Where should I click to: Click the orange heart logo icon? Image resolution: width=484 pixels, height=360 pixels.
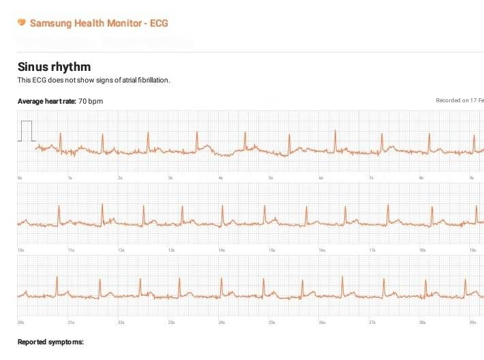pos(21,23)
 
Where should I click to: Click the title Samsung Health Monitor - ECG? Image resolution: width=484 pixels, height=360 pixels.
pos(99,23)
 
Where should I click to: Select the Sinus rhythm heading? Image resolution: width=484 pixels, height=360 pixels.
pos(54,67)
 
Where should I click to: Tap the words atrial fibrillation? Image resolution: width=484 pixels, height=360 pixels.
pos(145,80)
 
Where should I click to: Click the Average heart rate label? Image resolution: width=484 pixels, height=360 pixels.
pos(46,101)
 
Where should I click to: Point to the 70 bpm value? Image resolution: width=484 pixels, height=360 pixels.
pos(91,101)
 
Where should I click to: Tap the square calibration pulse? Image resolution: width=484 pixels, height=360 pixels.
pos(26,130)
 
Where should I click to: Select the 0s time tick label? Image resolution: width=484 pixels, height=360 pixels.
pos(20,178)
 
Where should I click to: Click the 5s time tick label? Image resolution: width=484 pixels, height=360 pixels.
pos(271,178)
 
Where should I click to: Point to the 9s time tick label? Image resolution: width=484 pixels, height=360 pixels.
pos(471,178)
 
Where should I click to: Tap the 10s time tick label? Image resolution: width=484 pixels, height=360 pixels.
pos(20,250)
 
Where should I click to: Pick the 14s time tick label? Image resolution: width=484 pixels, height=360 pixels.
pos(222,250)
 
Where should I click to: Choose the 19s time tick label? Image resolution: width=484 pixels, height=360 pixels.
pos(472,250)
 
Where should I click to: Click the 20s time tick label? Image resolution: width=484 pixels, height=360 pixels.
pos(20,322)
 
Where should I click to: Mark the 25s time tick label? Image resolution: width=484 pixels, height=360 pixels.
pos(271,322)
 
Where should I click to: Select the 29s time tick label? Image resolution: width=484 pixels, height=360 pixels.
pos(472,322)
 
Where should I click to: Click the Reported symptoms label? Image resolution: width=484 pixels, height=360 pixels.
pos(50,342)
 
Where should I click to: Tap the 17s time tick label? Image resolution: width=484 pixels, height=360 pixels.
pos(372,250)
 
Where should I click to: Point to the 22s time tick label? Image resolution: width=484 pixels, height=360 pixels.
pos(121,322)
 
